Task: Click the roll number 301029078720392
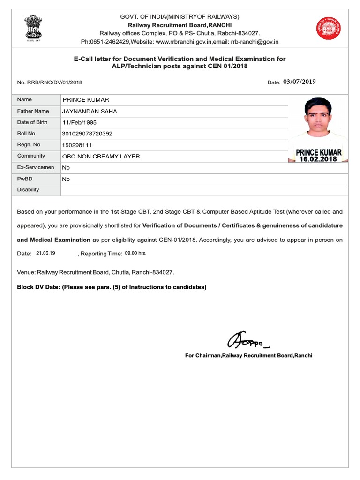[87, 134]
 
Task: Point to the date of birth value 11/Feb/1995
[79, 122]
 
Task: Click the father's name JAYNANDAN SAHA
[90, 111]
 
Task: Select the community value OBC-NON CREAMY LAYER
[101, 156]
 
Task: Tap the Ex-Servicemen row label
[36, 167]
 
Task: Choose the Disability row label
[28, 190]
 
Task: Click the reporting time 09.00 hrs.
[136, 253]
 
